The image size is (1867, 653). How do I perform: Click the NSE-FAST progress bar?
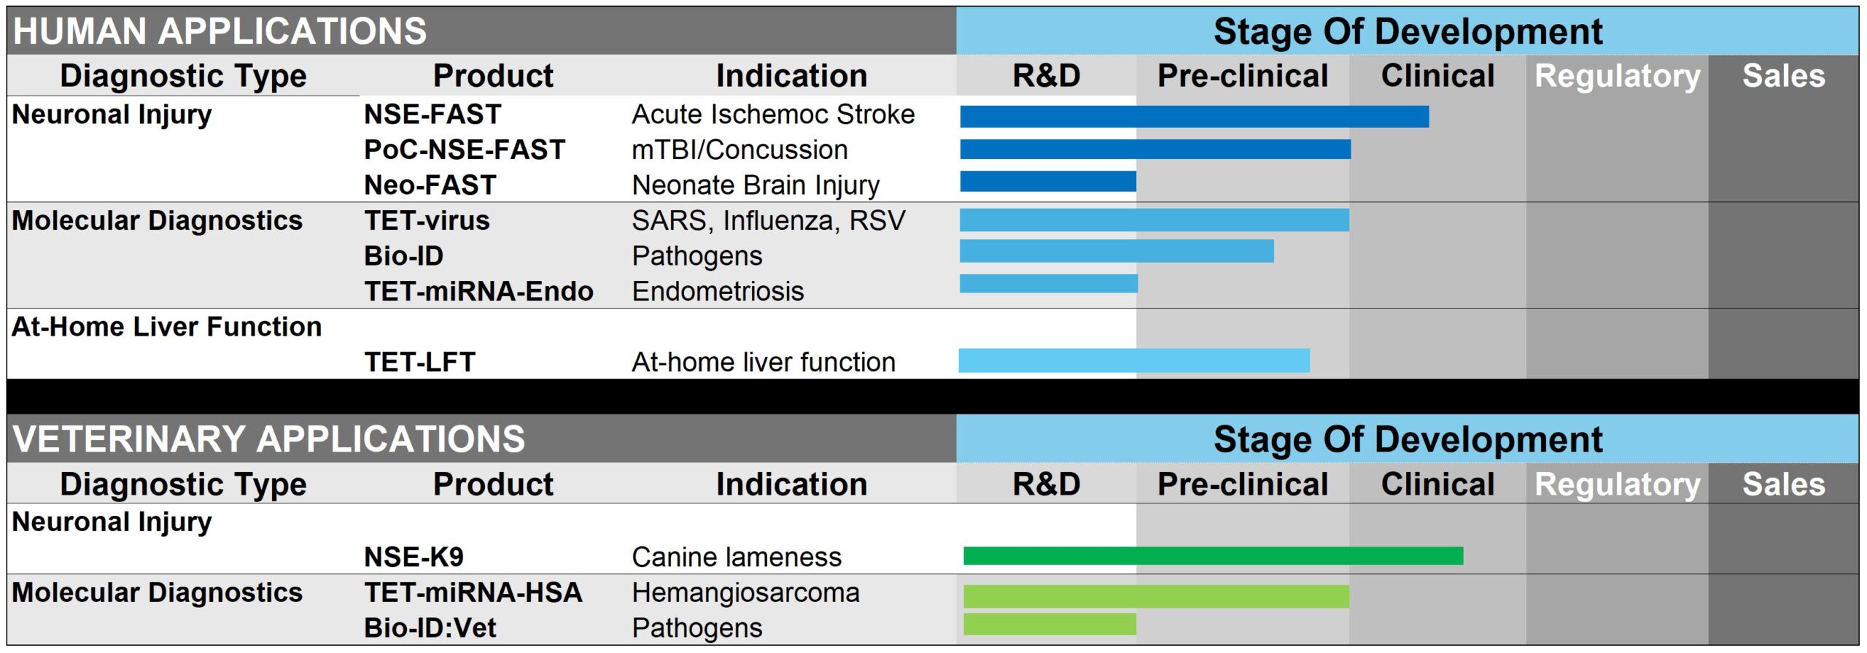pyautogui.click(x=1194, y=117)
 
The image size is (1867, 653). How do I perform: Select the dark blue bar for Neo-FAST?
pyautogui.click(x=1048, y=181)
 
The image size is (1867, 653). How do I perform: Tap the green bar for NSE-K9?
pyautogui.click(x=1213, y=556)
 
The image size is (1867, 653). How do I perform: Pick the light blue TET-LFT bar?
pyautogui.click(x=1134, y=360)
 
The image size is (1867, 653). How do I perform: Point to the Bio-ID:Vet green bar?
pyautogui.click(x=1049, y=624)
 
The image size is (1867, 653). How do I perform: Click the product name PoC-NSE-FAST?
pyautogui.click(x=465, y=150)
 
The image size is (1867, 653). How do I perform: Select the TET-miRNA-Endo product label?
pyautogui.click(x=478, y=291)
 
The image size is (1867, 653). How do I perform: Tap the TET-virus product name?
pyautogui.click(x=427, y=220)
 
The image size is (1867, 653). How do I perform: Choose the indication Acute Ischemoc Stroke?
pyautogui.click(x=773, y=115)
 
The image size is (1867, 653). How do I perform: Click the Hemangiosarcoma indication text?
pyautogui.click(x=745, y=592)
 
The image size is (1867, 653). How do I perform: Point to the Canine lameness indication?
pyautogui.click(x=737, y=557)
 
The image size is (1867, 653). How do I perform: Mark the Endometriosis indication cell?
pyautogui.click(x=718, y=291)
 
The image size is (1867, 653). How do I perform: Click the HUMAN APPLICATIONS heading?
pyautogui.click(x=220, y=31)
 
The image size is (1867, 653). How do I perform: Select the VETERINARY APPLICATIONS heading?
pyautogui.click(x=268, y=439)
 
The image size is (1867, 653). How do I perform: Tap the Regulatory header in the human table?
pyautogui.click(x=1618, y=76)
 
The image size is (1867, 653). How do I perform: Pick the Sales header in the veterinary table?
pyautogui.click(x=1784, y=484)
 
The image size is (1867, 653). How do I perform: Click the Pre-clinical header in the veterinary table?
pyautogui.click(x=1243, y=484)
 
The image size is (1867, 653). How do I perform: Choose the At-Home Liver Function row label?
pyautogui.click(x=166, y=327)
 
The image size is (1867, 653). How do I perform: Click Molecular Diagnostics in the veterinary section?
pyautogui.click(x=157, y=592)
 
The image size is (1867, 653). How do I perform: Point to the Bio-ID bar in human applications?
pyautogui.click(x=1117, y=251)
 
